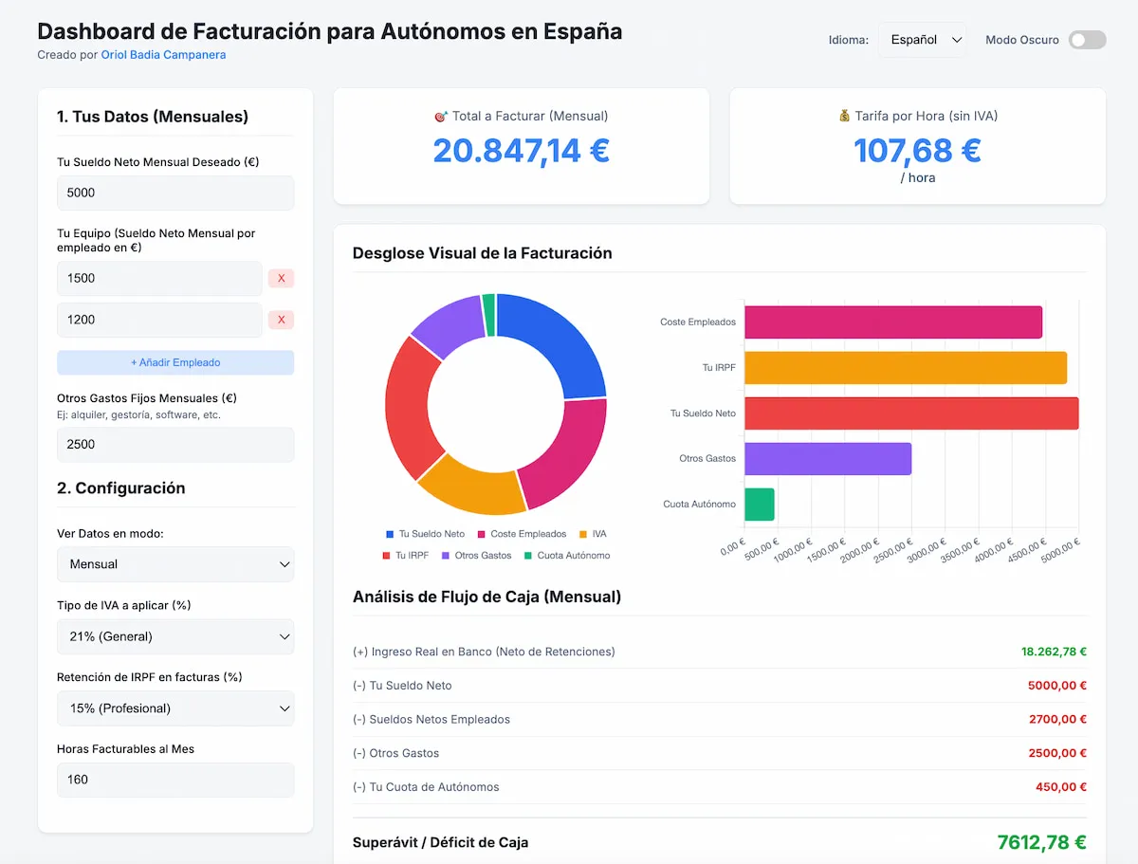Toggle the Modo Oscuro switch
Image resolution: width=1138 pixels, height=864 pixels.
point(1087,40)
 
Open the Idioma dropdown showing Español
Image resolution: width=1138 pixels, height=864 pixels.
point(923,40)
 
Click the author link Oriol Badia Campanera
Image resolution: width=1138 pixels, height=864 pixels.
point(163,55)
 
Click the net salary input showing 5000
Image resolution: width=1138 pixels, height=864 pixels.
point(175,193)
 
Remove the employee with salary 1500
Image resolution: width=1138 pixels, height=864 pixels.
point(281,278)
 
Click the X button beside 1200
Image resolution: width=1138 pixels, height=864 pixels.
point(281,320)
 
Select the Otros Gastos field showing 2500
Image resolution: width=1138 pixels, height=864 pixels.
point(175,444)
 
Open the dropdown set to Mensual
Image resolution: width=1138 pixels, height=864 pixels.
point(175,564)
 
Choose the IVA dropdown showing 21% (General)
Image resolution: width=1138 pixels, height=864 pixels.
point(175,636)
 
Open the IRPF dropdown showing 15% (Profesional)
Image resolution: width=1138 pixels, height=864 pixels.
point(175,708)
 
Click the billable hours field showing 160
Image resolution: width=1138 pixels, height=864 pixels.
point(175,780)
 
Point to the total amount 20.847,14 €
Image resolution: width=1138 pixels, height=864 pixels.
point(521,151)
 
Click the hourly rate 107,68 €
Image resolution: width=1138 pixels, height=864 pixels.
point(917,151)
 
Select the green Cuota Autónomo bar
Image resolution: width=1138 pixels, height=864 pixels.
point(760,505)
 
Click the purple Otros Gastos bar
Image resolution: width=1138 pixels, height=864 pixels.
point(827,459)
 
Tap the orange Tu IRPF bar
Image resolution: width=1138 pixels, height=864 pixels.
point(905,368)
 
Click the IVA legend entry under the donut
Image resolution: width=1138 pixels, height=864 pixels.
point(593,534)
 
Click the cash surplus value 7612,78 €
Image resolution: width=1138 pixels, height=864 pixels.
point(1041,842)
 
